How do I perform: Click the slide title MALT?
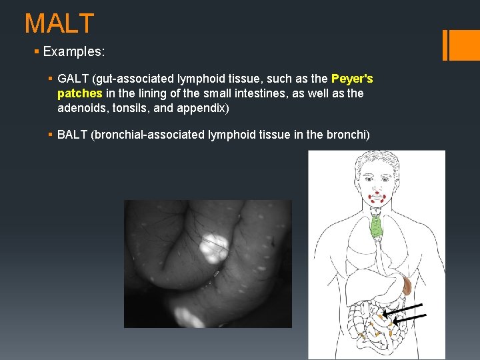click(x=59, y=24)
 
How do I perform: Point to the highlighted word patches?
click(x=80, y=93)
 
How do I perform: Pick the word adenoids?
click(x=81, y=107)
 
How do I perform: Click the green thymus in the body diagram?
click(x=377, y=227)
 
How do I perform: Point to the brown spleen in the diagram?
click(x=406, y=286)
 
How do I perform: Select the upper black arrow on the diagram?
click(x=404, y=309)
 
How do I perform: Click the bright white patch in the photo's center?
click(x=214, y=247)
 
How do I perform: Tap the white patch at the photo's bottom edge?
click(x=190, y=317)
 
